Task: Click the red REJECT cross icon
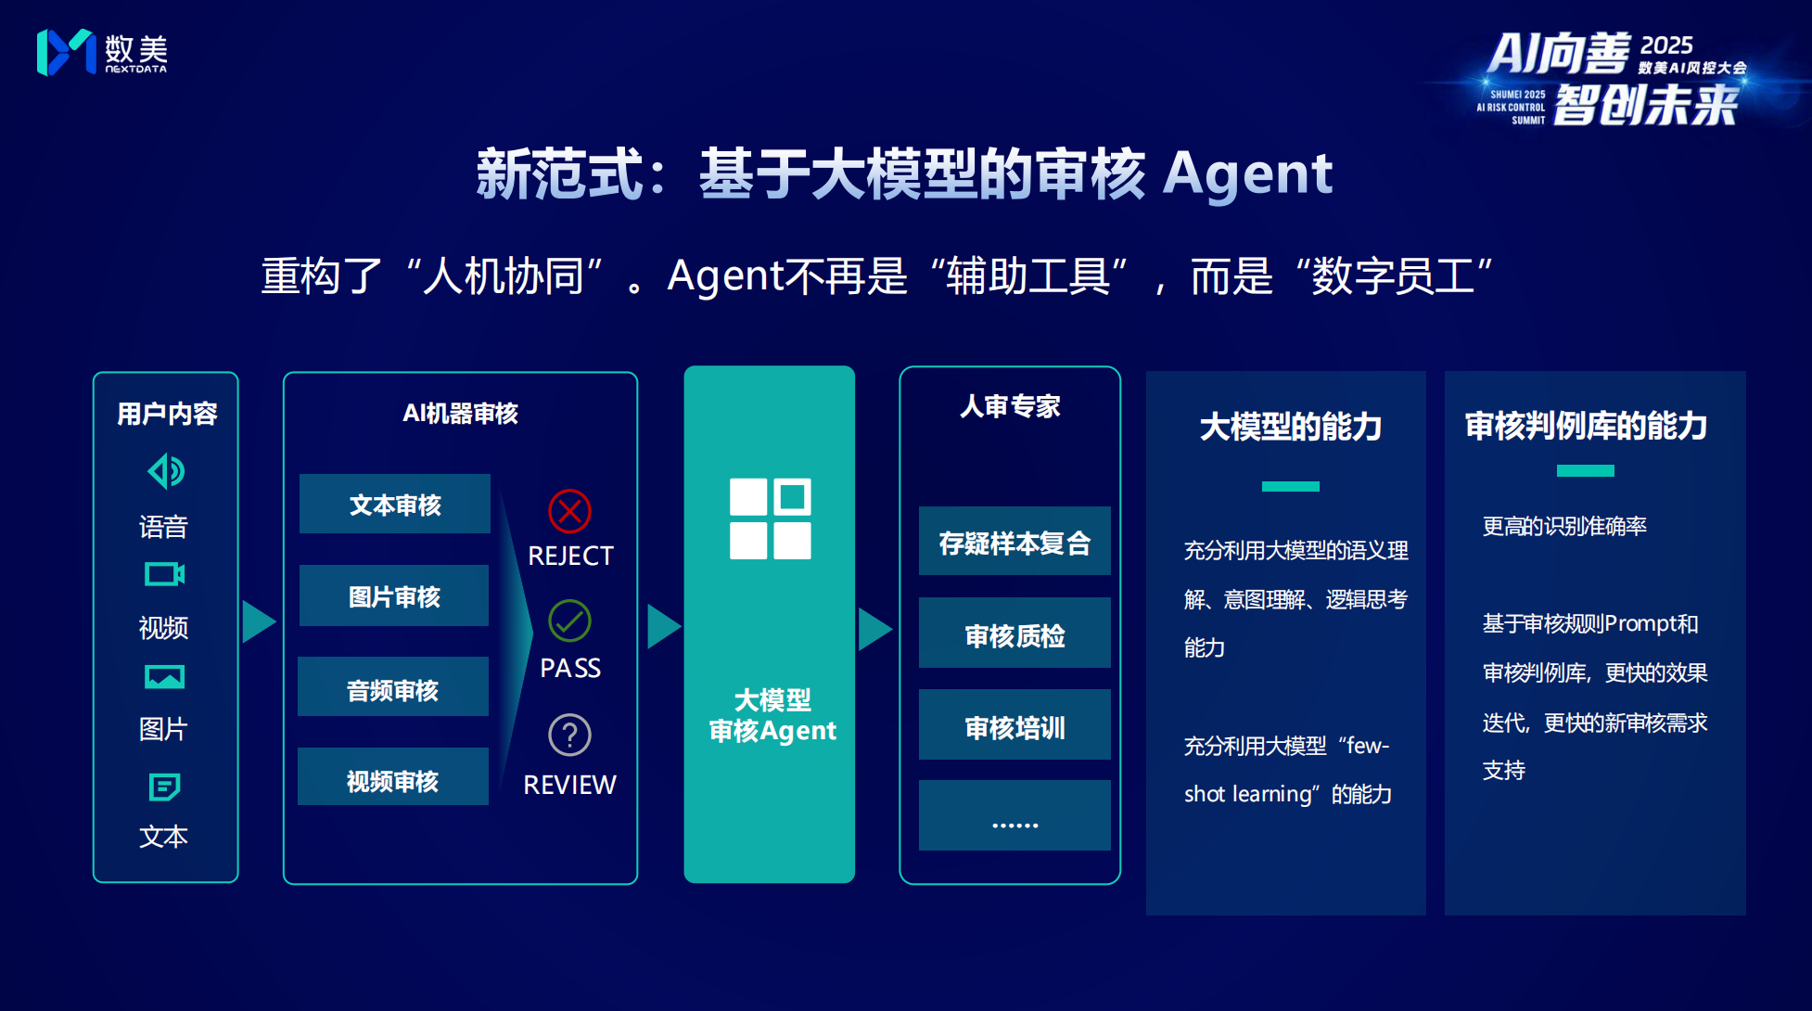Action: tap(569, 511)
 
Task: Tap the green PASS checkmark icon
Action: tap(569, 621)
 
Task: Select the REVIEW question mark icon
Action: tap(569, 735)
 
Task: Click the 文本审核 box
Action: tap(395, 504)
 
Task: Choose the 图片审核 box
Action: tap(394, 595)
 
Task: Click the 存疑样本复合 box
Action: tap(1014, 541)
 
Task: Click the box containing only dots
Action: tap(1014, 815)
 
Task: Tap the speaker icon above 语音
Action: tap(166, 471)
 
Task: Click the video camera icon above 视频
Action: tap(165, 574)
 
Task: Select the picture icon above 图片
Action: tap(165, 677)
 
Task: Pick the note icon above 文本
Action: tap(165, 787)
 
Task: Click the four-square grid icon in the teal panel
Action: tap(771, 518)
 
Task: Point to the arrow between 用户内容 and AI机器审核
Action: tap(260, 621)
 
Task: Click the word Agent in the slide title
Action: tap(1247, 174)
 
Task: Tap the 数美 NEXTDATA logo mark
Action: tap(66, 52)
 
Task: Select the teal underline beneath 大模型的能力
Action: tap(1291, 486)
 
